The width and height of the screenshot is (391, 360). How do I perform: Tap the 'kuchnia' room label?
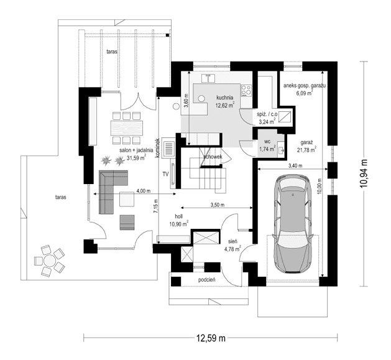click(224, 98)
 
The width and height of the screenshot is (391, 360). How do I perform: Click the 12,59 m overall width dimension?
click(211, 338)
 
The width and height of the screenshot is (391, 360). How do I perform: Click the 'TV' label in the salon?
click(165, 174)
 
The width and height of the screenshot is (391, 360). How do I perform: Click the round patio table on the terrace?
click(48, 261)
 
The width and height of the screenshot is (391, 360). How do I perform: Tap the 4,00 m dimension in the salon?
click(144, 191)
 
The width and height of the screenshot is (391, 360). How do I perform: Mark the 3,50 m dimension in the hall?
click(217, 205)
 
